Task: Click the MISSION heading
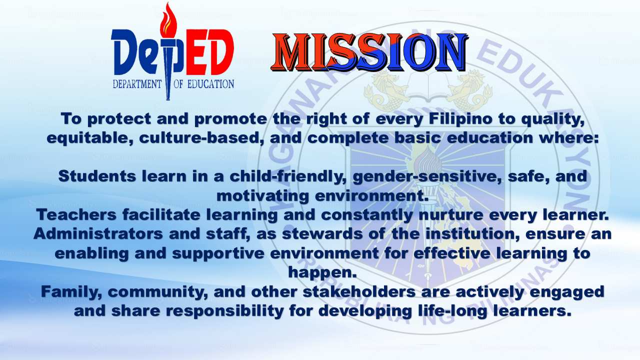point(370,52)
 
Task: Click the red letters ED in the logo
point(210,54)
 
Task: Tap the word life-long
point(433,310)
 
